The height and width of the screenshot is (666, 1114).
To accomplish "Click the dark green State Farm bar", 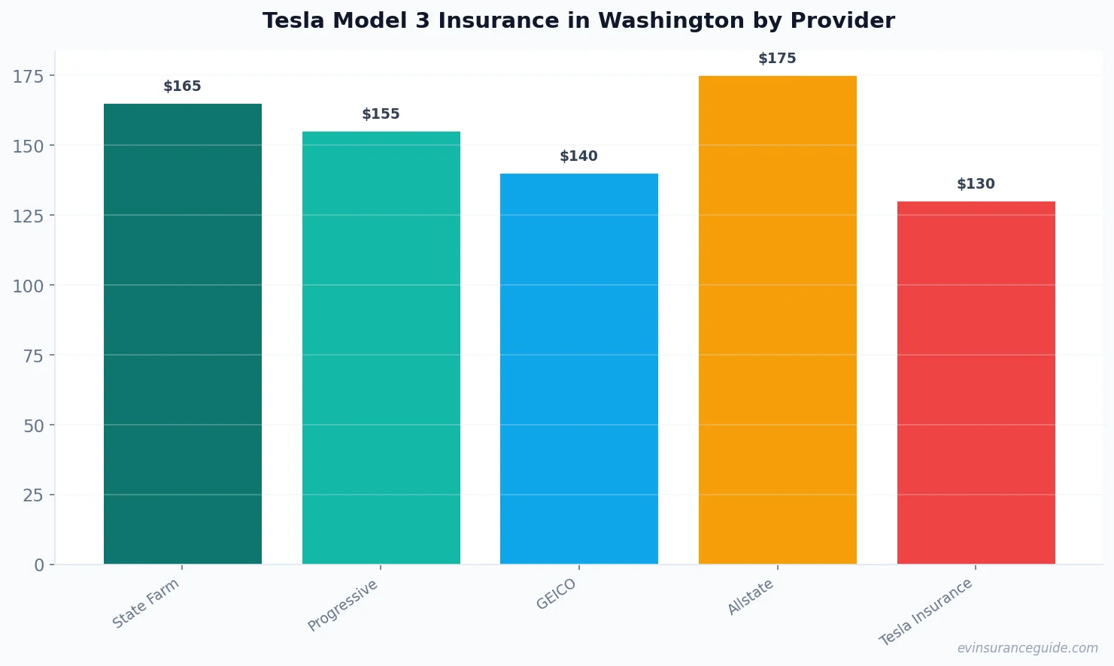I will (x=183, y=334).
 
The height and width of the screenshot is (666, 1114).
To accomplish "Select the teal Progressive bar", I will (x=381, y=347).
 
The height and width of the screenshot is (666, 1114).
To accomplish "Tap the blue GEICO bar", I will (x=579, y=368).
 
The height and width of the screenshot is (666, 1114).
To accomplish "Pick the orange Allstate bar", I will (x=778, y=319).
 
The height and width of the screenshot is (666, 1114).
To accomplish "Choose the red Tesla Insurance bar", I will (x=976, y=383).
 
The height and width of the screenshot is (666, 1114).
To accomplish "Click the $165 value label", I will (x=183, y=86).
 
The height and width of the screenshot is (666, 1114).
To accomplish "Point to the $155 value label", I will (x=381, y=114).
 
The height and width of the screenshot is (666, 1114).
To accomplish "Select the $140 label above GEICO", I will (x=579, y=156).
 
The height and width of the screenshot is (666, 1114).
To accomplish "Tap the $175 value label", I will (x=777, y=59).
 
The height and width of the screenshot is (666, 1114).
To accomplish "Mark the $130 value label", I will (x=976, y=184).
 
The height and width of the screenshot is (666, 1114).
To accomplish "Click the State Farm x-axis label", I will (x=146, y=604).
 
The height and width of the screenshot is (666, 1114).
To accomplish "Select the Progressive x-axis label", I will (x=343, y=606).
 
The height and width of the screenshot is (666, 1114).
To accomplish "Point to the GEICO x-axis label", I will (x=557, y=595).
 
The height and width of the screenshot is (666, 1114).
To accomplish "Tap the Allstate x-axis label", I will (x=751, y=598).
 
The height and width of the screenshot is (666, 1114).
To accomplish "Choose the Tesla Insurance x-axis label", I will (x=927, y=612).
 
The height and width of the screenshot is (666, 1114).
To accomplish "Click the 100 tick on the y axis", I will (x=28, y=286).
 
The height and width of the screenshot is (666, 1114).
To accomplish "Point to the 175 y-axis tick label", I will (x=28, y=76).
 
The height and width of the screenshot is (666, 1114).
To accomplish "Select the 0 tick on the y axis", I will (x=39, y=565).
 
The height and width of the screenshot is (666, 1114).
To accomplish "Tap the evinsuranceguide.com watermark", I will (x=1027, y=648).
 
